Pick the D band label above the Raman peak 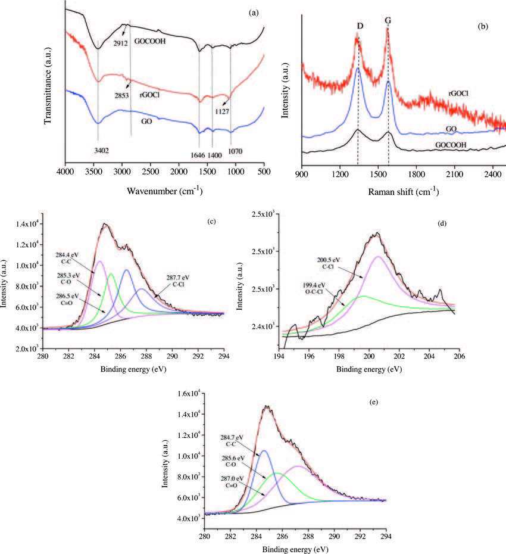360,26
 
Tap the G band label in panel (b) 388,20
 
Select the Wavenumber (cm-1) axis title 164,191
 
